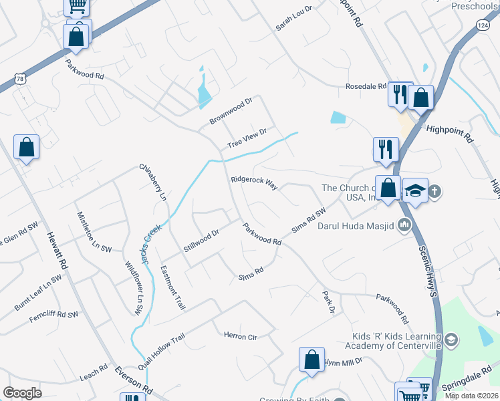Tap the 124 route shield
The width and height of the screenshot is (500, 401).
tap(482, 25)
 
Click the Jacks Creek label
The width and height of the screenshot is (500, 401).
tap(152, 241)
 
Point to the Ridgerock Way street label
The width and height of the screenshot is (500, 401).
tap(254, 183)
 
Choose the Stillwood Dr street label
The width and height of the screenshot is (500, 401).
tap(201, 241)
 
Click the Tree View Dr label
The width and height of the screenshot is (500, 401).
tap(247, 138)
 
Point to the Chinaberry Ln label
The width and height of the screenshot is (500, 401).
tap(152, 182)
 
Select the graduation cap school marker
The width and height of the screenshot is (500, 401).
tap(415, 191)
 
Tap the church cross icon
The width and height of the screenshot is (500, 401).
tap(435, 191)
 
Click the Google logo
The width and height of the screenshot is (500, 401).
tap(23, 393)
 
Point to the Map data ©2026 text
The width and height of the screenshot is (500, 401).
tap(471, 396)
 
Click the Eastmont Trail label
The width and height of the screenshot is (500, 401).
tap(172, 287)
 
